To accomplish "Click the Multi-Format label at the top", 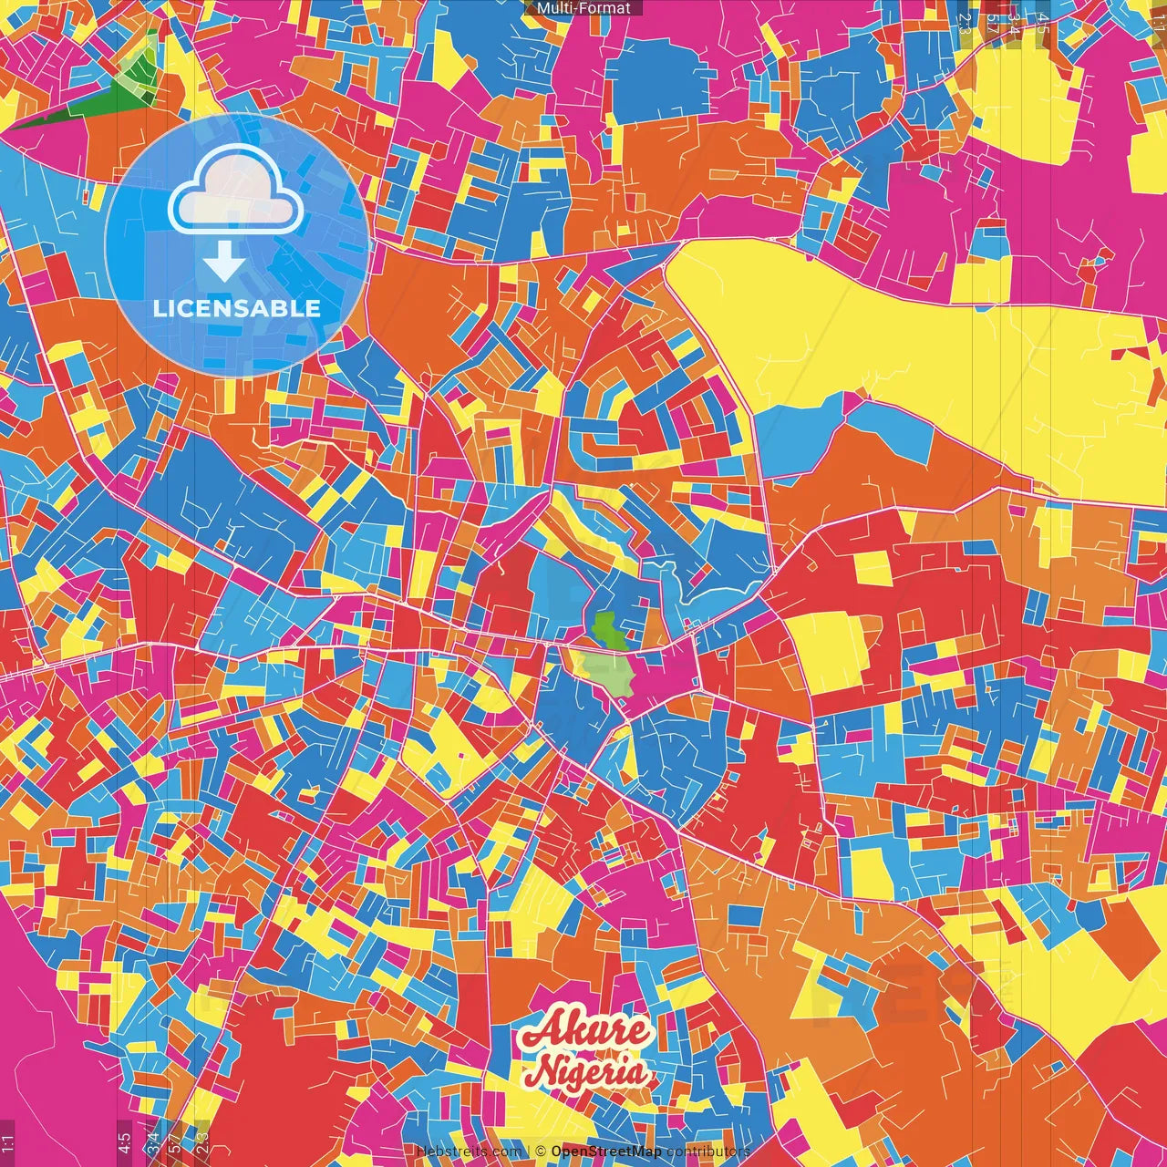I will tap(583, 8).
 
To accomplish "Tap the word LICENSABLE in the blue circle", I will tap(237, 308).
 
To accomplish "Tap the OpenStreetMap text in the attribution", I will tap(606, 1152).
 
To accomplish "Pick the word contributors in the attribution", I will tap(707, 1152).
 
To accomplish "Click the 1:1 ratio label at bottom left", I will tap(8, 1142).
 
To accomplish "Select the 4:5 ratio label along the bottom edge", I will tap(124, 1142).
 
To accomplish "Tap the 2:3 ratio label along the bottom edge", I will tap(202, 1142).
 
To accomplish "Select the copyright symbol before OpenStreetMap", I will tap(541, 1152).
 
